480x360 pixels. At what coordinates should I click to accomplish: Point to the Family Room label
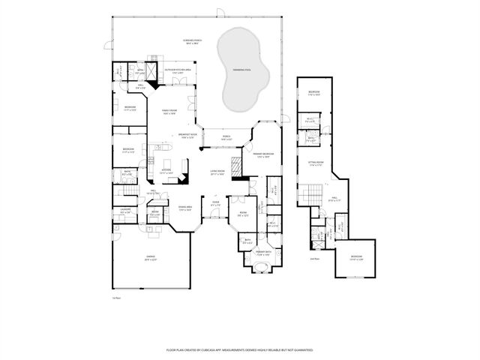[x=169, y=110]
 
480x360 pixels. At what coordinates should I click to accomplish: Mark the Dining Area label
[x=184, y=207]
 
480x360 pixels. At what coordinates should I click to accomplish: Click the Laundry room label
[x=126, y=211]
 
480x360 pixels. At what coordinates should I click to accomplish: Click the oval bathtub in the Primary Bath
[x=262, y=266]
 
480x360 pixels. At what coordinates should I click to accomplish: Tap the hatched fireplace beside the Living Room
[x=235, y=166]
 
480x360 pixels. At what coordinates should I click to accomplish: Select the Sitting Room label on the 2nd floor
[x=316, y=163]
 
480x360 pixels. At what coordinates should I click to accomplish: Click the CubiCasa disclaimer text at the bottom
[x=239, y=349]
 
